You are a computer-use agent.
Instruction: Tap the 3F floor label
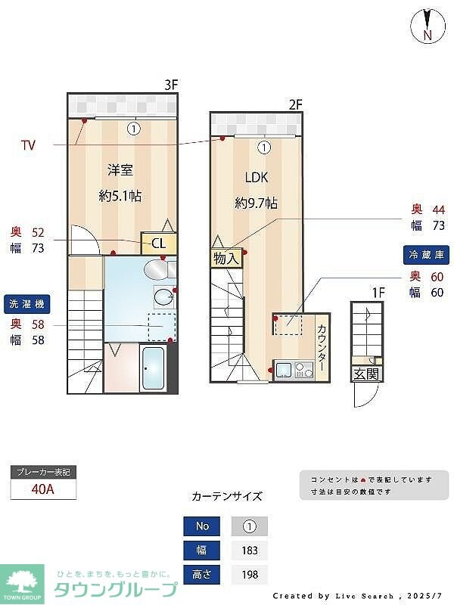(x=171, y=85)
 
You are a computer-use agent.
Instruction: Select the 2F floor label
(x=295, y=104)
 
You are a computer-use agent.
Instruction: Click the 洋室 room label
(x=120, y=170)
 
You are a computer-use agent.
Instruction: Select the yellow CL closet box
(x=159, y=243)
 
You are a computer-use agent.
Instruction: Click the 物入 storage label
(x=225, y=259)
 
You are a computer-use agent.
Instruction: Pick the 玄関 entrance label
(x=366, y=374)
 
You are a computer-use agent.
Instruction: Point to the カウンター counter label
(x=322, y=347)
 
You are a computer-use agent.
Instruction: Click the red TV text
(x=28, y=144)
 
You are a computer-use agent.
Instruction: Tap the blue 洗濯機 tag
(x=27, y=305)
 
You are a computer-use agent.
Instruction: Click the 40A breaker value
(x=43, y=489)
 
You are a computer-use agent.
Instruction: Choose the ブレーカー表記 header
(x=43, y=472)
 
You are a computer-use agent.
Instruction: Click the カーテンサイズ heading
(x=227, y=496)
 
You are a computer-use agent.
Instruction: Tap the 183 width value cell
(x=249, y=551)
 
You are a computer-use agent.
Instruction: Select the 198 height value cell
(x=249, y=576)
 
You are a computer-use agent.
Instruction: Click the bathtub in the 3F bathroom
(x=154, y=368)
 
